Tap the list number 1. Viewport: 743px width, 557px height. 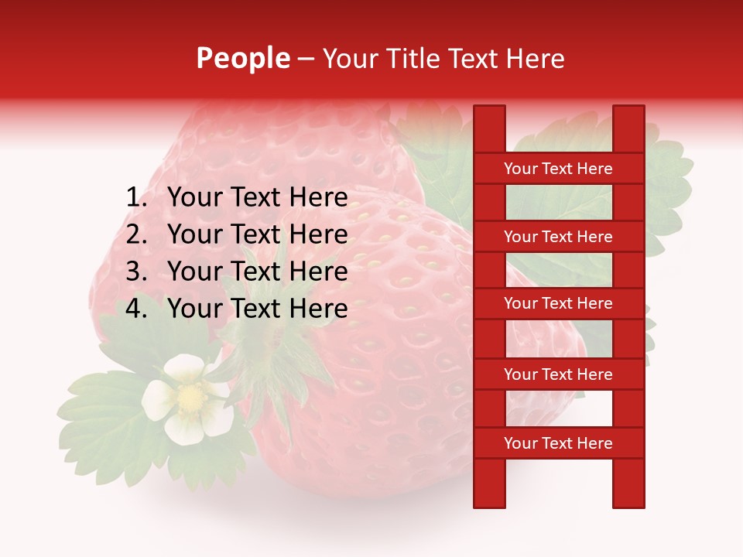(136, 198)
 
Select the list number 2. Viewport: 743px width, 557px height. (136, 234)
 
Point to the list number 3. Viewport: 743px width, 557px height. (136, 272)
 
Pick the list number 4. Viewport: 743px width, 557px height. (136, 309)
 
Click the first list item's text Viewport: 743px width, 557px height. (257, 198)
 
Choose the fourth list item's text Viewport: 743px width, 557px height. (257, 309)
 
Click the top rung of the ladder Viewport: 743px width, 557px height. (558, 169)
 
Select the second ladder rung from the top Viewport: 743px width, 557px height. (558, 237)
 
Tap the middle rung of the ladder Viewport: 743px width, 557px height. (558, 304)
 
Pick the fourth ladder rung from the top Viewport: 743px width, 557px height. (558, 374)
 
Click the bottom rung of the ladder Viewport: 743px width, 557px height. (558, 443)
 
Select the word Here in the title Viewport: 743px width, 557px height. (536, 58)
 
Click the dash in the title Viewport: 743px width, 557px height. (306, 58)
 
